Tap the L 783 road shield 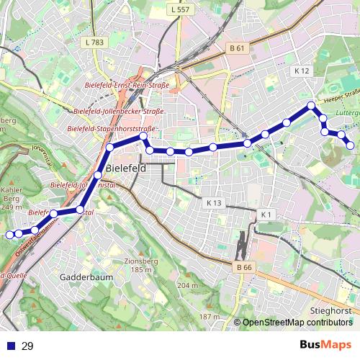pos(94,42)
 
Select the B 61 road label pos(238,48)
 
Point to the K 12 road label pos(302,71)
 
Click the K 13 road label pos(212,203)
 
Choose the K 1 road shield pos(266,215)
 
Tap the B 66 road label pos(245,268)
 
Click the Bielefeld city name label pos(125,168)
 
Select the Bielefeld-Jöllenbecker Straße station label pos(119,112)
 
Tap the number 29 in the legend pos(27,346)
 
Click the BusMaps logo pos(325,345)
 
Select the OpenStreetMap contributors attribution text pos(297,322)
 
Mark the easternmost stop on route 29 pos(351,145)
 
